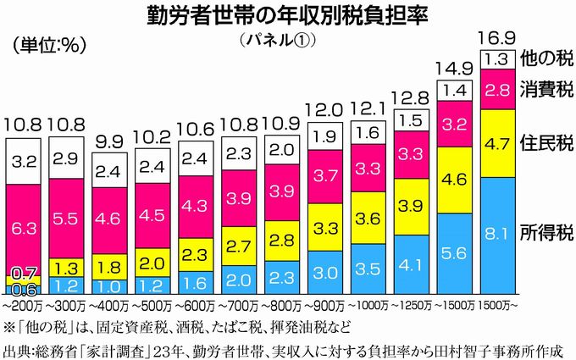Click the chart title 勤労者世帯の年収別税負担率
287,16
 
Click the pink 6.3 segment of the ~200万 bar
25,226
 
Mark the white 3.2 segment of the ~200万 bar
25,159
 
